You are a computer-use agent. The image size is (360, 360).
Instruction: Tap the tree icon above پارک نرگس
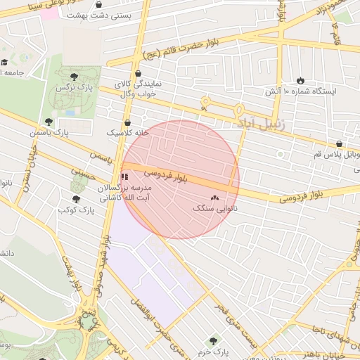pos(75,75)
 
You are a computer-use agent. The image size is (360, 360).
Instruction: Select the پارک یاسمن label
pos(45,132)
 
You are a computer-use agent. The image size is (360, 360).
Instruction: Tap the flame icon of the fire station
pos(301,80)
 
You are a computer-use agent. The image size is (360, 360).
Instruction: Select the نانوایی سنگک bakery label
pos(214,209)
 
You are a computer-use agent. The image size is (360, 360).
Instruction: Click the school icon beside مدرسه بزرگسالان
pos(124,176)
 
